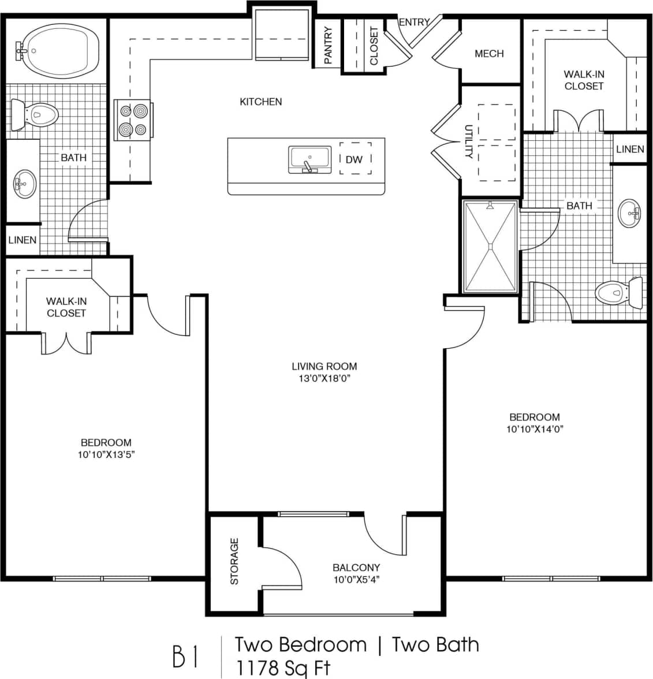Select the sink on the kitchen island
click(x=310, y=159)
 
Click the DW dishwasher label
click(x=354, y=159)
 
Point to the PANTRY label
click(x=328, y=44)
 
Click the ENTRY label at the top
click(x=414, y=23)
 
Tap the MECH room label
click(x=489, y=54)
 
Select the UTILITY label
click(x=469, y=142)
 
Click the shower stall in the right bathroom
click(x=490, y=247)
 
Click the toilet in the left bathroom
click(x=36, y=114)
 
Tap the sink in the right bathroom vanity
click(x=629, y=214)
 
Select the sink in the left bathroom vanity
click(x=24, y=184)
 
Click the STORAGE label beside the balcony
click(x=234, y=562)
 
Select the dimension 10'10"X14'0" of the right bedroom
click(x=534, y=429)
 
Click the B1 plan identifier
click(x=185, y=656)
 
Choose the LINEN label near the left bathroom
click(x=23, y=240)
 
